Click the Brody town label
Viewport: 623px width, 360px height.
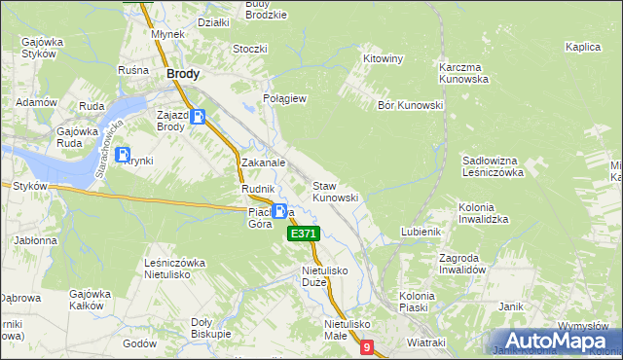click(184, 73)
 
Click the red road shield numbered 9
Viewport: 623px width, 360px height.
click(366, 347)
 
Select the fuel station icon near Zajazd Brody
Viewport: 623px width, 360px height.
click(199, 118)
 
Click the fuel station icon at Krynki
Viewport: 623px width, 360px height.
click(123, 154)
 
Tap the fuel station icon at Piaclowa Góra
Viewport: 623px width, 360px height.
click(280, 211)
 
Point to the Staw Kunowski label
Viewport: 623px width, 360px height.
click(335, 191)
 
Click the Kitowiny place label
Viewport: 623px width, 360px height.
click(383, 58)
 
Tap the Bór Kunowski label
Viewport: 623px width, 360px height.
click(410, 105)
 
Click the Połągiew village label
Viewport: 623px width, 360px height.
click(285, 98)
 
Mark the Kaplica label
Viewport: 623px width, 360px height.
click(582, 46)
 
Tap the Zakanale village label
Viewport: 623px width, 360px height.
click(263, 163)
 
